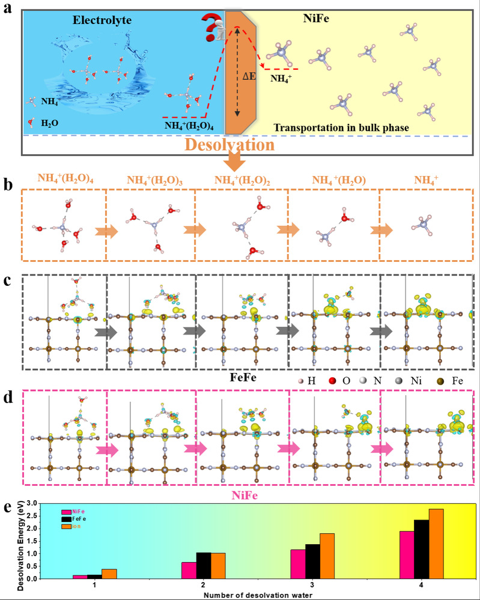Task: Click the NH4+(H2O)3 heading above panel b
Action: coord(150,179)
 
